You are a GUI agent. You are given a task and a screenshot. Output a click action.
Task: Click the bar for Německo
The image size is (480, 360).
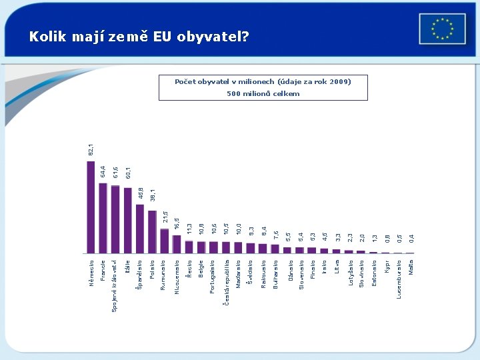pos(91,207)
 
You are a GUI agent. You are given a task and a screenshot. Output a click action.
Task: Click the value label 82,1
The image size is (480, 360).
pos(91,149)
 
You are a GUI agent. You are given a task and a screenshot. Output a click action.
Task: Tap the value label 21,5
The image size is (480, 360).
pos(165,217)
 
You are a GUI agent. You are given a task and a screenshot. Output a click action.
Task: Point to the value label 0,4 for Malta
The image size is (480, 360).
pos(411,237)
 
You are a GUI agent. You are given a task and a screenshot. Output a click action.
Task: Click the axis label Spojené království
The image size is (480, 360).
pos(115,285)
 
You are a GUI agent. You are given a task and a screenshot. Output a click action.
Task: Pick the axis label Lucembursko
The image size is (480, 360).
pos(399,279)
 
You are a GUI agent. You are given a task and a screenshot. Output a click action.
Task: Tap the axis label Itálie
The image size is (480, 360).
pos(127,267)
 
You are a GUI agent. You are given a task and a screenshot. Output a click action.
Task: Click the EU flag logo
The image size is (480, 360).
pos(442,29)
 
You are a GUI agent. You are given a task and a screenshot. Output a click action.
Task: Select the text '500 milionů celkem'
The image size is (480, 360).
pos(263,94)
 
